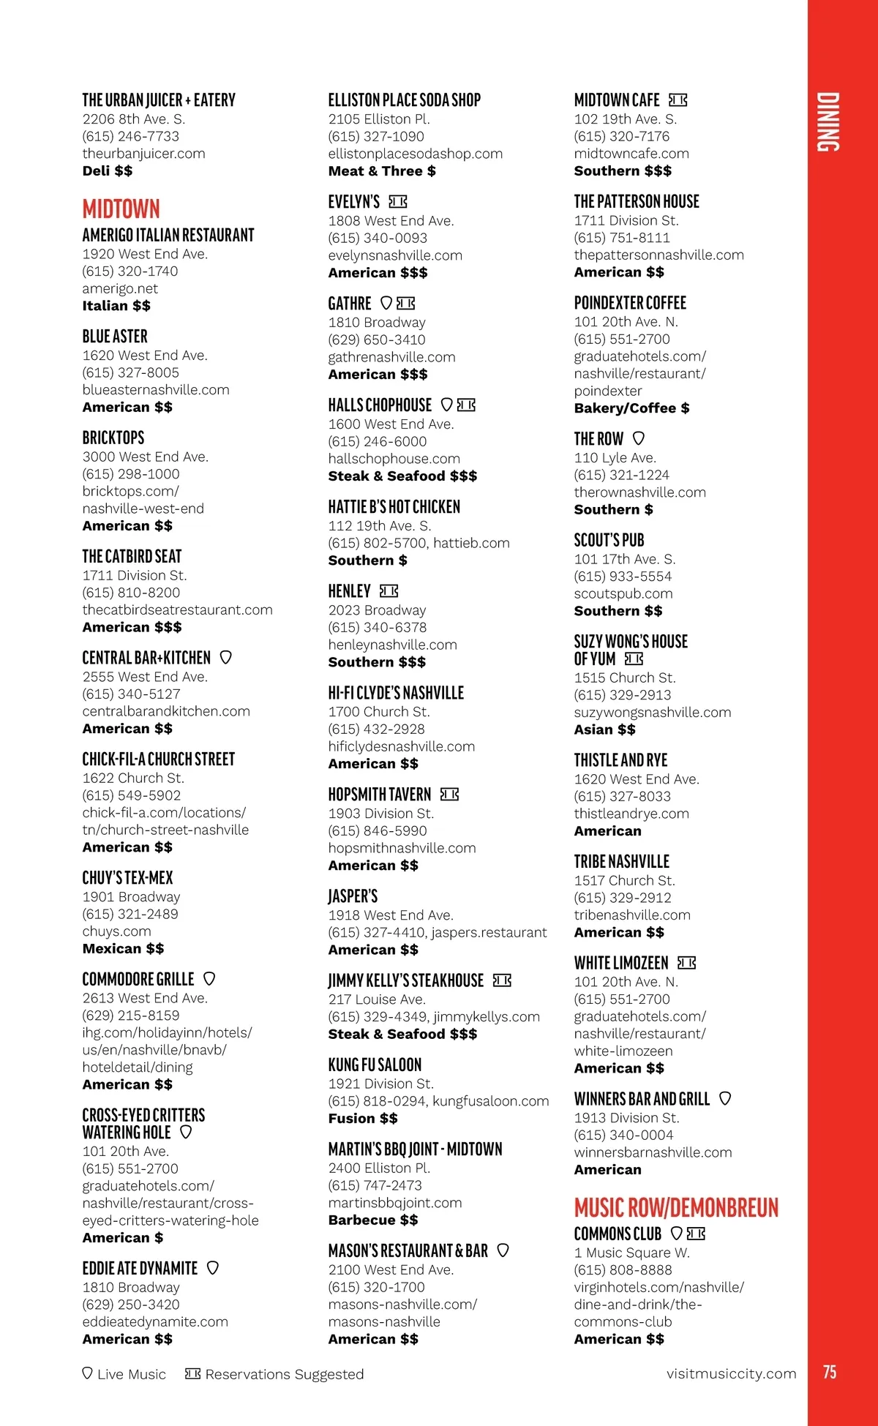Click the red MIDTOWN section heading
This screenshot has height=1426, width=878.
pos(121,209)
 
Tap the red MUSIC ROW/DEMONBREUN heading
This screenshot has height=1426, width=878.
pos(676,1207)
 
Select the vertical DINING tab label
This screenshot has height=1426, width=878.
pos(828,122)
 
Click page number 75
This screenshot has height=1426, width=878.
pos(830,1372)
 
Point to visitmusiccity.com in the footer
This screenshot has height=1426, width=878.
pos(731,1373)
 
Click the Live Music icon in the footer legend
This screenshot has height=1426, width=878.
pos(88,1373)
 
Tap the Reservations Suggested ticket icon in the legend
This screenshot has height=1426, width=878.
pos(193,1373)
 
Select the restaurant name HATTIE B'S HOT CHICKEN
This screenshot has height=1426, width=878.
pos(394,506)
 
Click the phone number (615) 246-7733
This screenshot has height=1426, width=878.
pos(130,136)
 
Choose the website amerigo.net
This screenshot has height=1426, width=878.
pos(120,288)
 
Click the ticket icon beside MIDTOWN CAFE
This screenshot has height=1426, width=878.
pos(678,100)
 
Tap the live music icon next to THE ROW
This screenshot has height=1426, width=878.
pos(639,438)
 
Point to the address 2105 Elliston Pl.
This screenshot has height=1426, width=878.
pos(379,119)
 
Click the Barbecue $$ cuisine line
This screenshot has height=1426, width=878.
pos(373,1220)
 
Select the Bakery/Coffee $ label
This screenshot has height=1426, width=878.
pos(631,408)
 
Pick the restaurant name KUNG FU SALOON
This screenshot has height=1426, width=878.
pos(375,1065)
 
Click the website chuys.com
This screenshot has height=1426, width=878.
pos(116,931)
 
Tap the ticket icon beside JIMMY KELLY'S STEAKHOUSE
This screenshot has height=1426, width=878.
pos(502,980)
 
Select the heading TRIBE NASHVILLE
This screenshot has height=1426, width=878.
pos(621,861)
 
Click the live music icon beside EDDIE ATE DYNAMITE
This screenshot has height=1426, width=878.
pos(213,1268)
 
